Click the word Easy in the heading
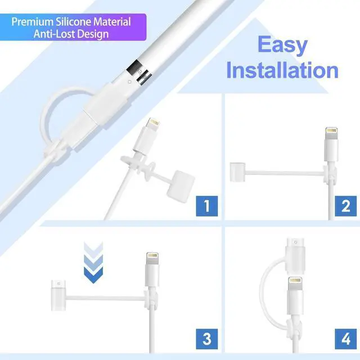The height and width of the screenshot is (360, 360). point(282,45)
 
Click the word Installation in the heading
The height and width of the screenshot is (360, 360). point(282,71)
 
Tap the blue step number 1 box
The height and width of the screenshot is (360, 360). point(206,206)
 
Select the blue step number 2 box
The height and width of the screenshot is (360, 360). point(346,206)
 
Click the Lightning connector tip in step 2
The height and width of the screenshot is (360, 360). point(331,134)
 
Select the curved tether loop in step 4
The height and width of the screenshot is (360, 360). point(269,287)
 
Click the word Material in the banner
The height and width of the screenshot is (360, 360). point(110,22)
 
